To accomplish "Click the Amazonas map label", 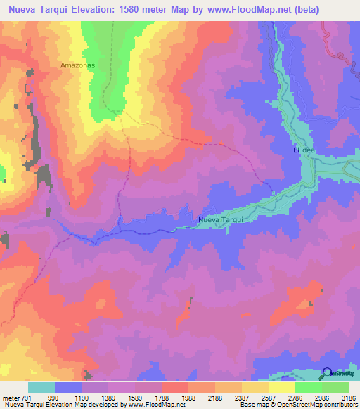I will tap(77, 64).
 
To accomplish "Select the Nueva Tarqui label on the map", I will tap(221, 220).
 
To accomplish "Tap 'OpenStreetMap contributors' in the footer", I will tap(318, 405).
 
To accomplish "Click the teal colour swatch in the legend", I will tap(41, 388).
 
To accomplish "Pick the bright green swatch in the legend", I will tap(309, 388).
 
